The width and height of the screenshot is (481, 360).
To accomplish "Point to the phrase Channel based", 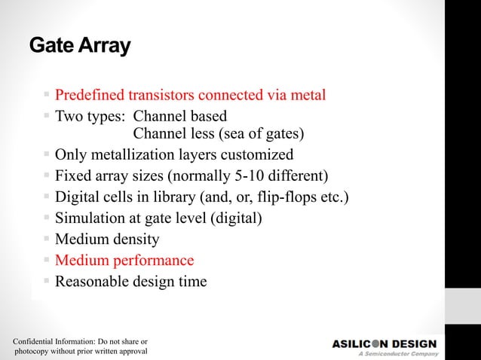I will click(179, 117).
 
